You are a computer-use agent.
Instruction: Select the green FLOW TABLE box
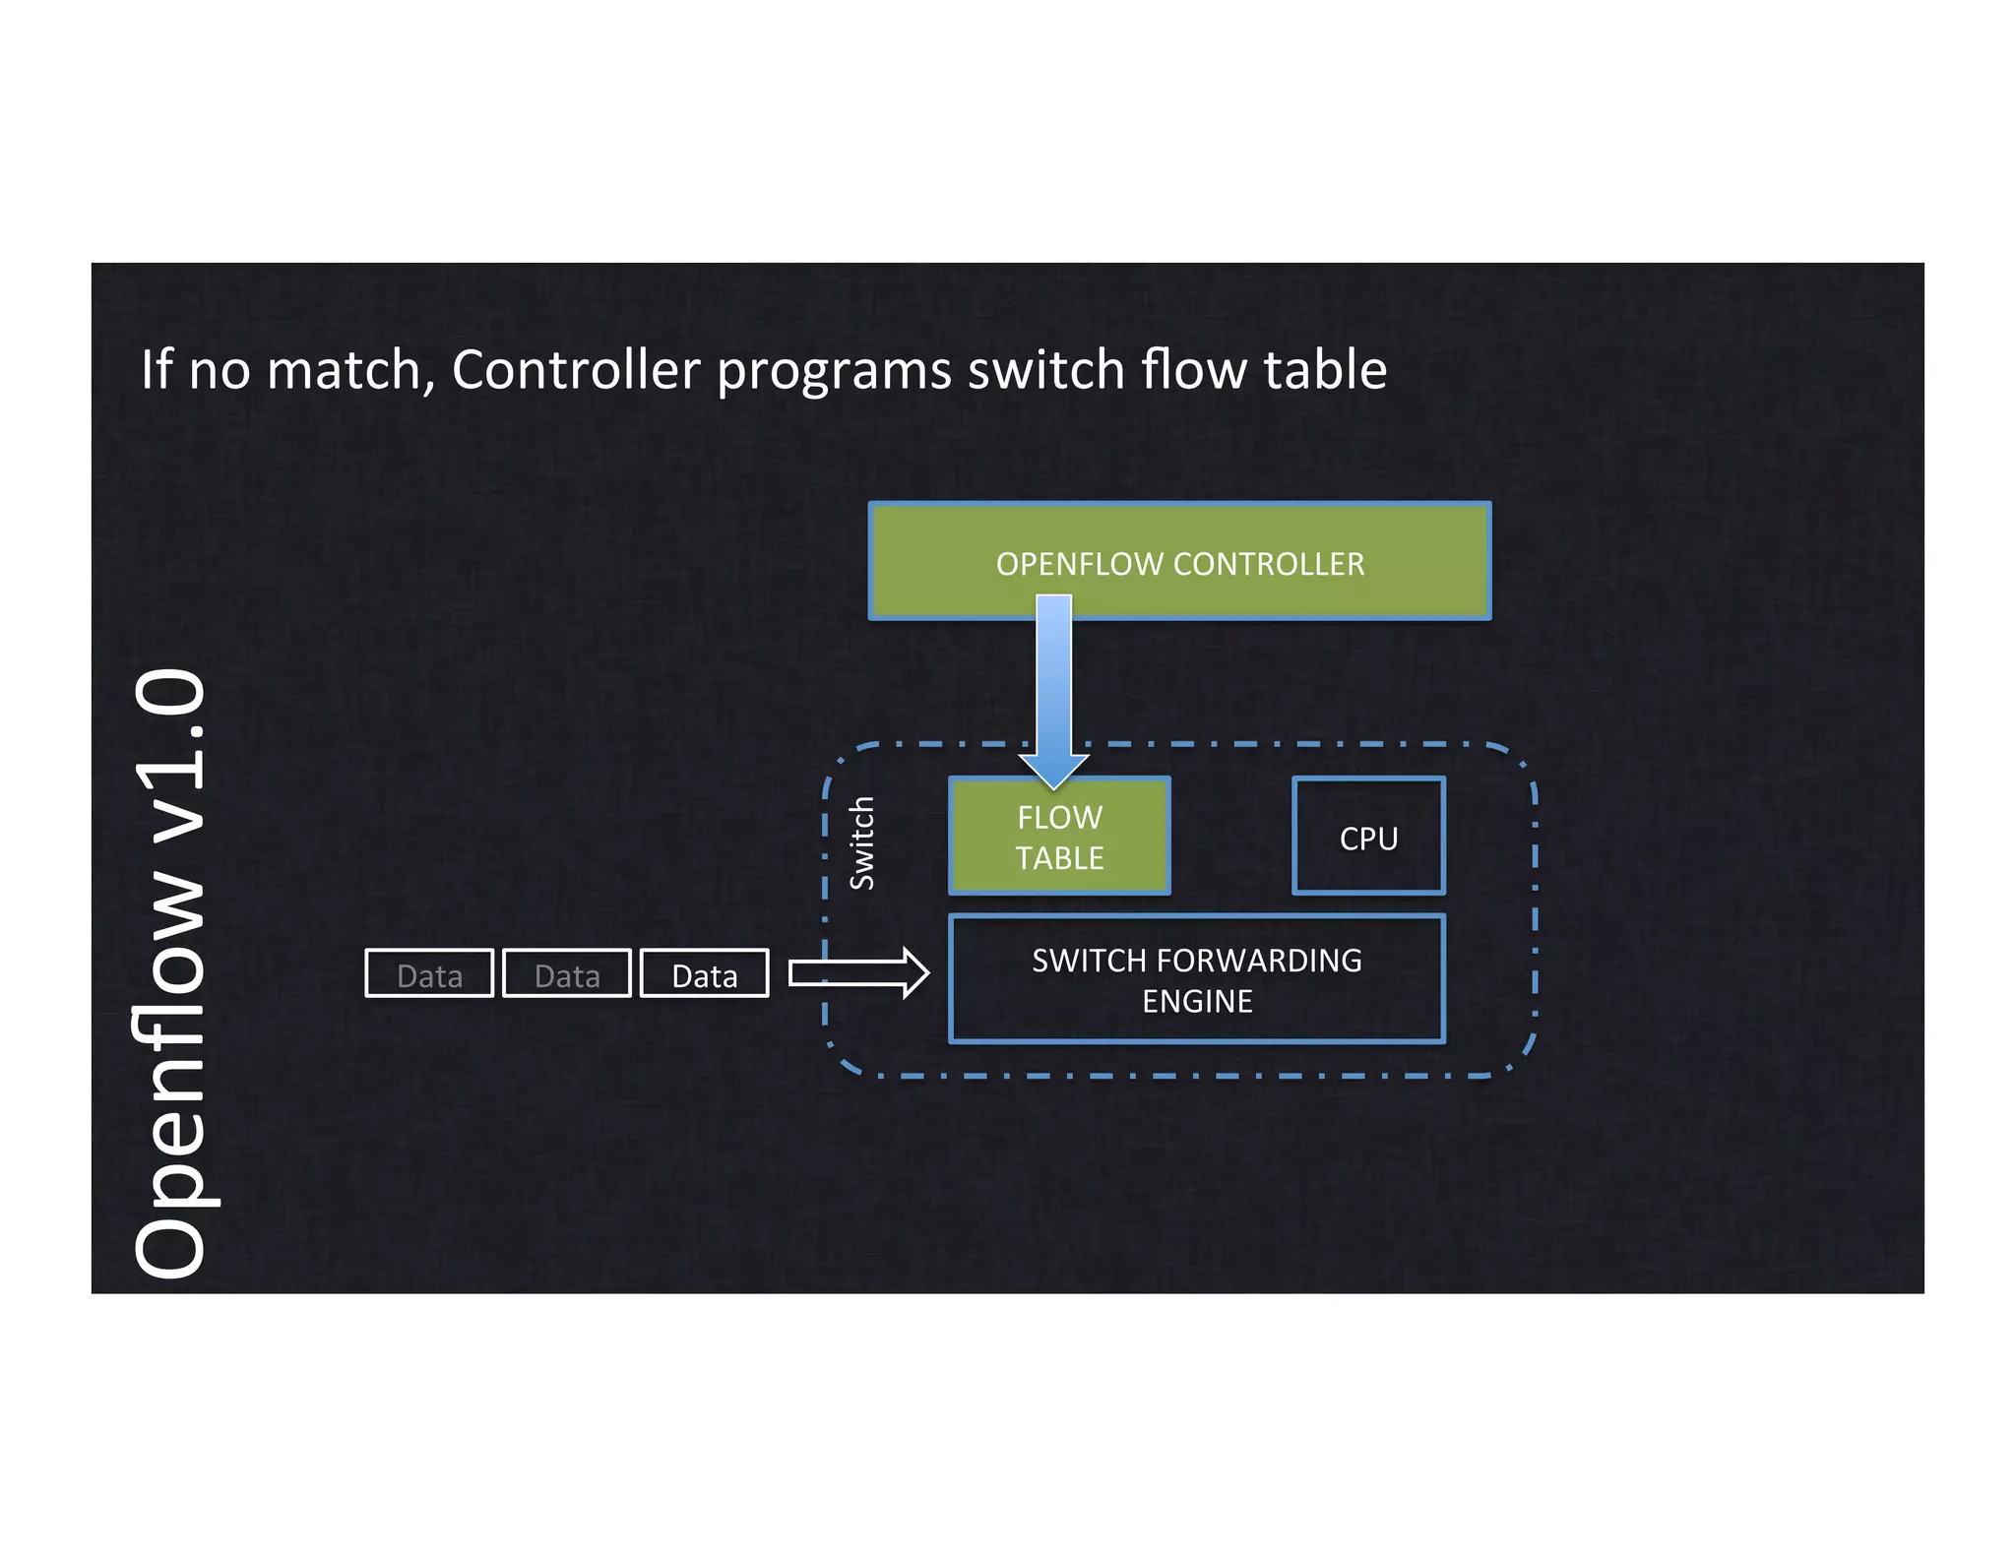click(1059, 838)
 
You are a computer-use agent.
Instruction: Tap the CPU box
click(1368, 838)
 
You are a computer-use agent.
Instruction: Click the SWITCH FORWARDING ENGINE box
click(1196, 979)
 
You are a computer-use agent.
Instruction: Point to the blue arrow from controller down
click(1053, 689)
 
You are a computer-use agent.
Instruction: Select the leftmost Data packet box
click(429, 974)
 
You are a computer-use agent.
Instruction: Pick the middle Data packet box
click(567, 974)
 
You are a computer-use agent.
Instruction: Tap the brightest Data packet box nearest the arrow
click(705, 974)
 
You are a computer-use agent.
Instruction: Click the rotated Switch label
click(862, 843)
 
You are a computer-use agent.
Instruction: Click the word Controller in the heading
click(576, 370)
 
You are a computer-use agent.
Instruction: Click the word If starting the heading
click(156, 370)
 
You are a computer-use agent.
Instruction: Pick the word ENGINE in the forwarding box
click(1197, 1002)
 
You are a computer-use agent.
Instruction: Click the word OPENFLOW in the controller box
click(1080, 564)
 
